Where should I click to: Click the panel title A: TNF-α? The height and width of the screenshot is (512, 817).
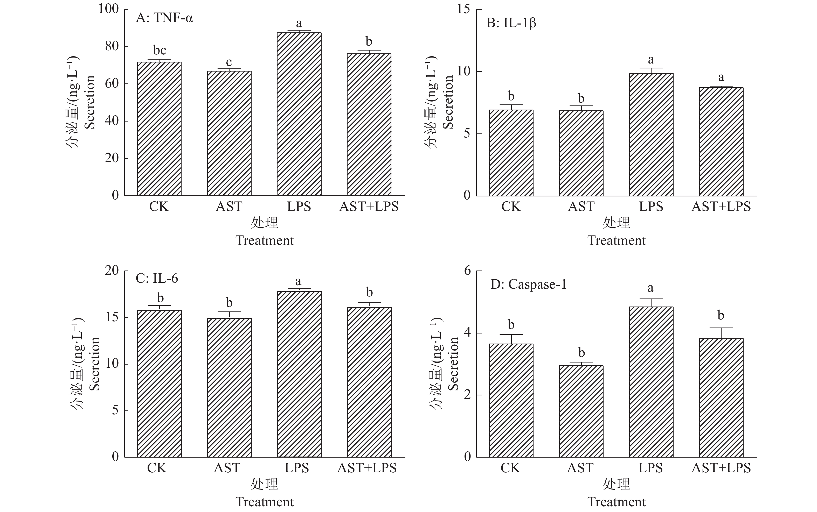164,18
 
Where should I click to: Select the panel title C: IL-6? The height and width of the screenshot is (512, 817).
157,278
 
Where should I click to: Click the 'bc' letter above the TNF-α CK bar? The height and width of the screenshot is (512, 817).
160,51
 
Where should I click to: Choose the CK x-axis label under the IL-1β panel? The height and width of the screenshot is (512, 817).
511,207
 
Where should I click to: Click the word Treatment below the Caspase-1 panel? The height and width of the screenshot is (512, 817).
617,502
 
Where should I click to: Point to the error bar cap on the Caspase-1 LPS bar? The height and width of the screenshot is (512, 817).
651,299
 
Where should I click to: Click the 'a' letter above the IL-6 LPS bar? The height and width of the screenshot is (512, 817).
298,281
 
